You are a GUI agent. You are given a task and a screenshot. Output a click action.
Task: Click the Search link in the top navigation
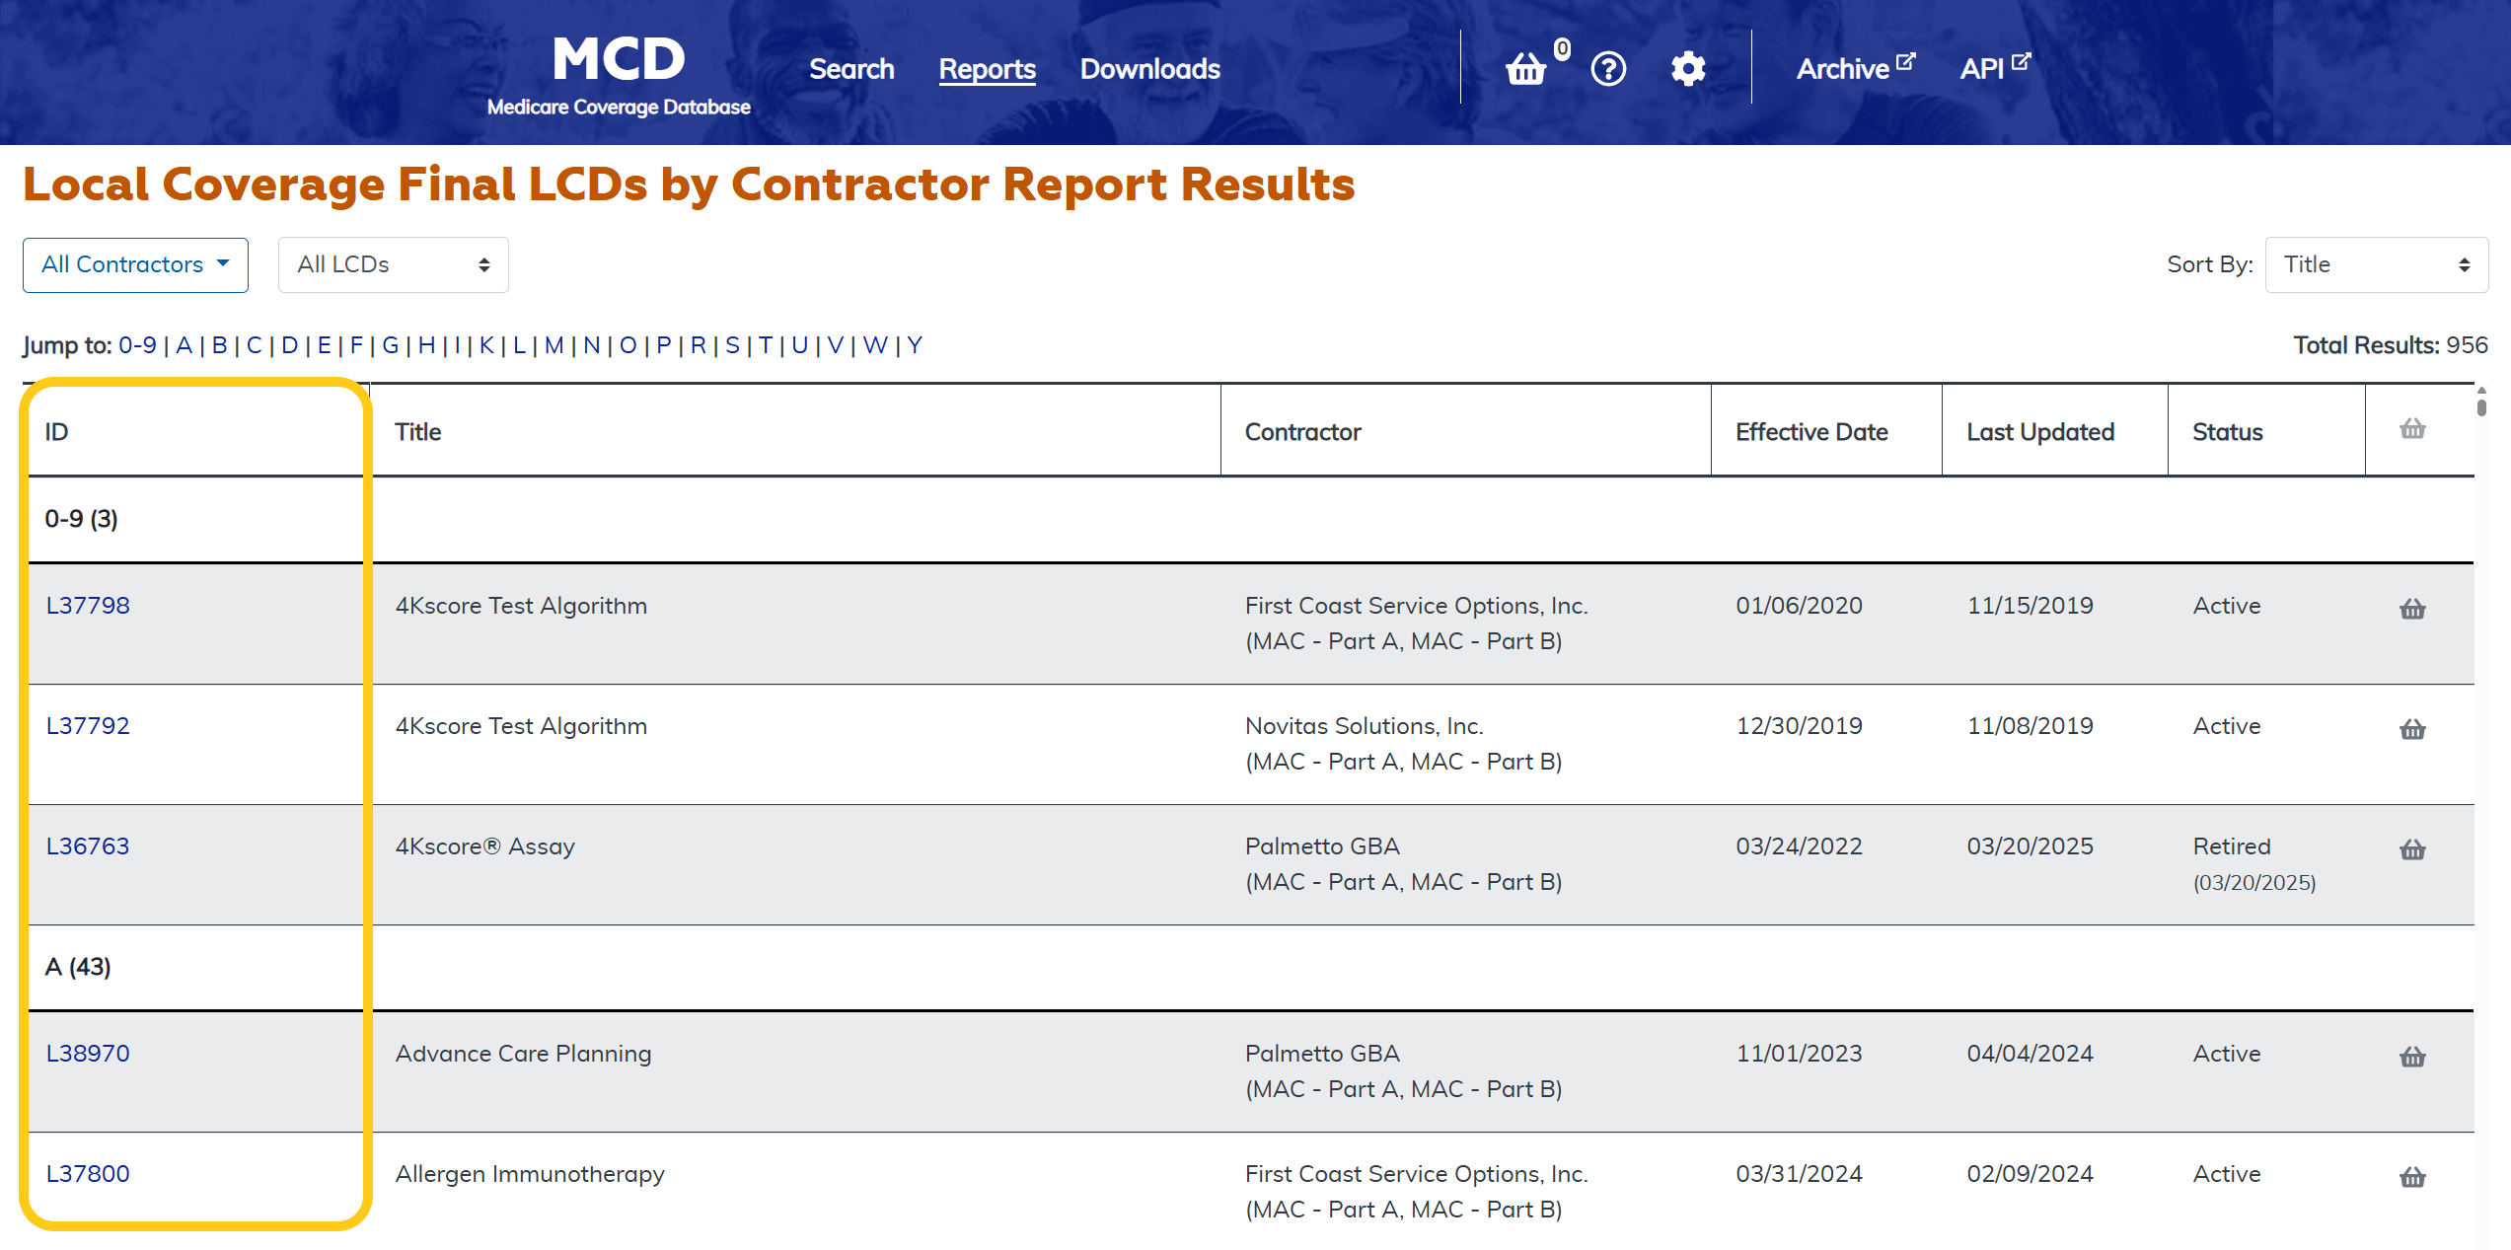(x=851, y=69)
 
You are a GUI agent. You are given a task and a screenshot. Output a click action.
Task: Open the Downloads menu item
(x=1149, y=69)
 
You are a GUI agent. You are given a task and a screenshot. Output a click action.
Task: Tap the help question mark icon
(x=1608, y=69)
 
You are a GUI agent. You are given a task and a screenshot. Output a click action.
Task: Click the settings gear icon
(x=1688, y=69)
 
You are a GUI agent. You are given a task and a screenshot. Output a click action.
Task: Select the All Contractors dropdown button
(x=135, y=264)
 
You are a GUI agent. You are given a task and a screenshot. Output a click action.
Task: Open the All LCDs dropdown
(x=393, y=264)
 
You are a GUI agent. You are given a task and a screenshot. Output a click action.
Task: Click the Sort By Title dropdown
(x=2376, y=264)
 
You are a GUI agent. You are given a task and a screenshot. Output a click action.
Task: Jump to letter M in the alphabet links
(x=554, y=345)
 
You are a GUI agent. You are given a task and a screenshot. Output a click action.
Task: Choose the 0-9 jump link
(x=137, y=345)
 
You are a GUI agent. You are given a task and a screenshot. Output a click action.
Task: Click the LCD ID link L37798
(x=88, y=606)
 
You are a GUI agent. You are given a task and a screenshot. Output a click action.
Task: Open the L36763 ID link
(x=88, y=846)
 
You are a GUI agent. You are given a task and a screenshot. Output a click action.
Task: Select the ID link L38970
(x=88, y=1054)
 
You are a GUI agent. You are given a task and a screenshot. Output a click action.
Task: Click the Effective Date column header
(x=1811, y=432)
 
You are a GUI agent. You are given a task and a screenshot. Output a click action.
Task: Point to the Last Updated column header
(x=2040, y=432)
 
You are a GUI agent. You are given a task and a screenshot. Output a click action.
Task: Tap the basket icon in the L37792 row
(x=2412, y=729)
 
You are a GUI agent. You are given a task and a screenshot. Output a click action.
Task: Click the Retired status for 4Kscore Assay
(x=2232, y=846)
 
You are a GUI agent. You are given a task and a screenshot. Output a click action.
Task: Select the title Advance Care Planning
(x=523, y=1054)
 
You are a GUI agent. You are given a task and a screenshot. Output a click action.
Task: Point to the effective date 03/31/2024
(x=1799, y=1174)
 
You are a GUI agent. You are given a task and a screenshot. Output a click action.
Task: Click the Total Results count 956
(x=2466, y=345)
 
